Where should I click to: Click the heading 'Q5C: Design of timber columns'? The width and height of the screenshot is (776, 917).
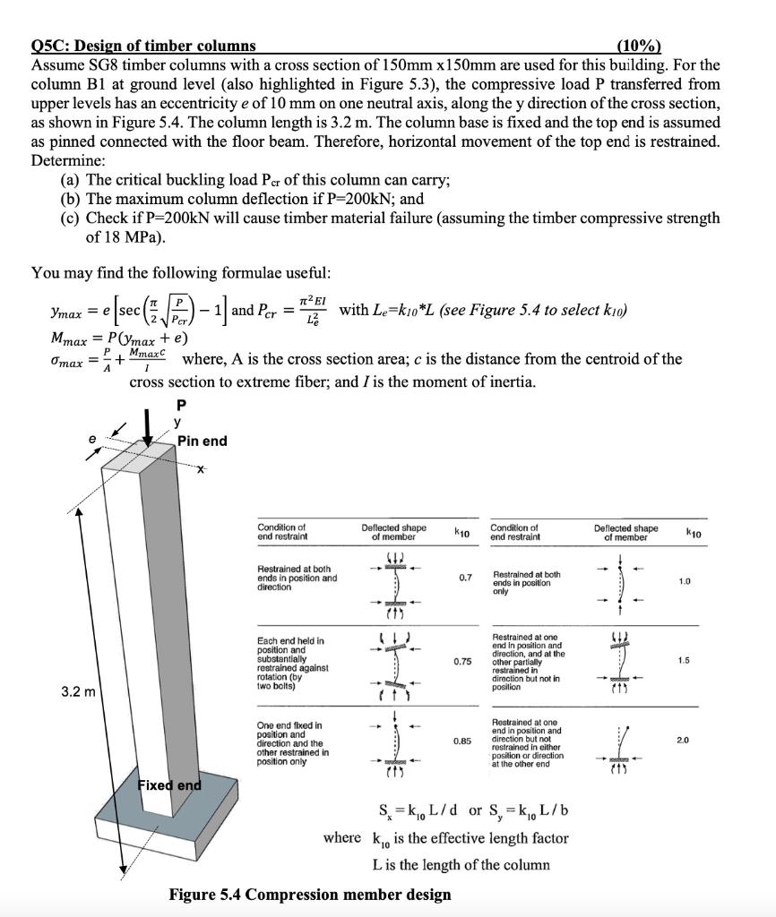point(143,46)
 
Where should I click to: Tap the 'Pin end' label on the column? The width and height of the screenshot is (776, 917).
point(202,441)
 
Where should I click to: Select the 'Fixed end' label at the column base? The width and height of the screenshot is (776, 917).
point(168,785)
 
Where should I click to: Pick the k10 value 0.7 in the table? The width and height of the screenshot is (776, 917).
point(462,577)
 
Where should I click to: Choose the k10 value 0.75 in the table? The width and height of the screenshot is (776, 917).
point(462,661)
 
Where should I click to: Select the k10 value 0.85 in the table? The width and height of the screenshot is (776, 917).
point(462,741)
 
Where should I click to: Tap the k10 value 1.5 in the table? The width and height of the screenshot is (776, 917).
point(684,661)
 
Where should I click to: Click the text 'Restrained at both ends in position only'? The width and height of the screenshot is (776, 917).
point(526,582)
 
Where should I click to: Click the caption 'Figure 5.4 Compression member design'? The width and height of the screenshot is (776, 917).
point(310,895)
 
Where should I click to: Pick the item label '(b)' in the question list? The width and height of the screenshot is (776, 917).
point(70,199)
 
